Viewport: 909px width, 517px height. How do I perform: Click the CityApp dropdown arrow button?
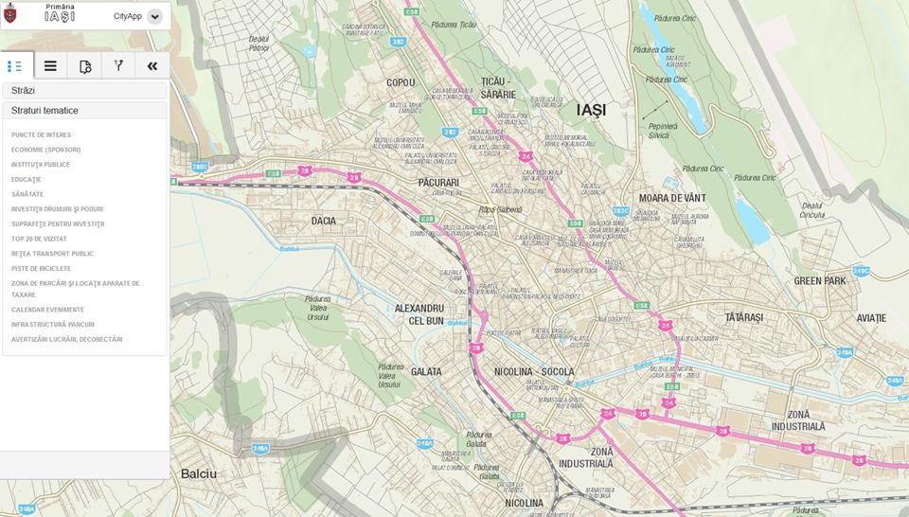coord(155,16)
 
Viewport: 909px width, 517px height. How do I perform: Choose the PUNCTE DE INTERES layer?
coord(41,134)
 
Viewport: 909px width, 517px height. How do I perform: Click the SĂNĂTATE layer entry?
coord(27,194)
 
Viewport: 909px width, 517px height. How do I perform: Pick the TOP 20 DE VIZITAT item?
coord(39,239)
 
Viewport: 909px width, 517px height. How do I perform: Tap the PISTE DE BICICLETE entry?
coord(41,268)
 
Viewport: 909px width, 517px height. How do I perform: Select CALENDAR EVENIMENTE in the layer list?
coord(47,310)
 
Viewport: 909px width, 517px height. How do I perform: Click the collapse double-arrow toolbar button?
coord(152,65)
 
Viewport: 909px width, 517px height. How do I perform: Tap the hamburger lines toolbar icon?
coord(50,65)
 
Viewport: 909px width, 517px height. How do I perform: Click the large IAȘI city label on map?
coord(591,110)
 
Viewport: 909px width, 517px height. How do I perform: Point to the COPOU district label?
coord(401,82)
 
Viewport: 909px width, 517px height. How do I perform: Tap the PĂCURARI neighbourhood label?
coord(438,182)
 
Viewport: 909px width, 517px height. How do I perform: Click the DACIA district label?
coord(324,221)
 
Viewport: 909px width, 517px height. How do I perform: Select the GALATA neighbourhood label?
coord(426,371)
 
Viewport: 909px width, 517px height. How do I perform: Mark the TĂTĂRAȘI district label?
coord(743,317)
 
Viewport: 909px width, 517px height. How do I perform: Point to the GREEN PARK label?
coord(820,281)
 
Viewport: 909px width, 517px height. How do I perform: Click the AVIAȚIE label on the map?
coord(871,317)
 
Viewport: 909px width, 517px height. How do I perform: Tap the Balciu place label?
coord(199,473)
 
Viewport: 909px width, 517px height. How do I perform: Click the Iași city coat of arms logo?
coord(11,14)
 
